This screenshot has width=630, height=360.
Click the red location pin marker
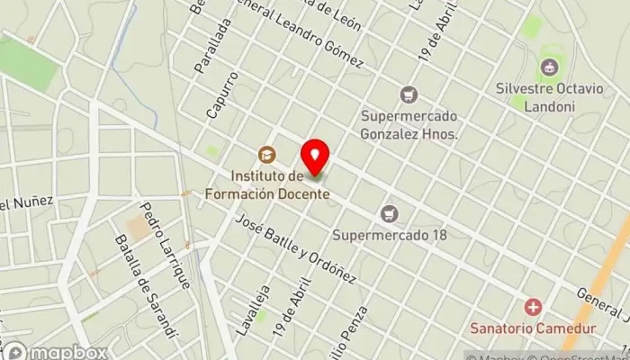pyautogui.click(x=315, y=158)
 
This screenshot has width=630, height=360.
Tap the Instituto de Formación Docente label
pyautogui.click(x=279, y=184)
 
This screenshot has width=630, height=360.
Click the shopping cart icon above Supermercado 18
pyautogui.click(x=389, y=213)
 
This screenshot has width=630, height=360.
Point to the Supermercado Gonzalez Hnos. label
pyautogui.click(x=409, y=125)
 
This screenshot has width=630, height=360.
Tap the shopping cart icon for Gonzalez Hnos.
pyautogui.click(x=409, y=94)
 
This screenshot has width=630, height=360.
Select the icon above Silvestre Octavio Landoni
pyautogui.click(x=548, y=67)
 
